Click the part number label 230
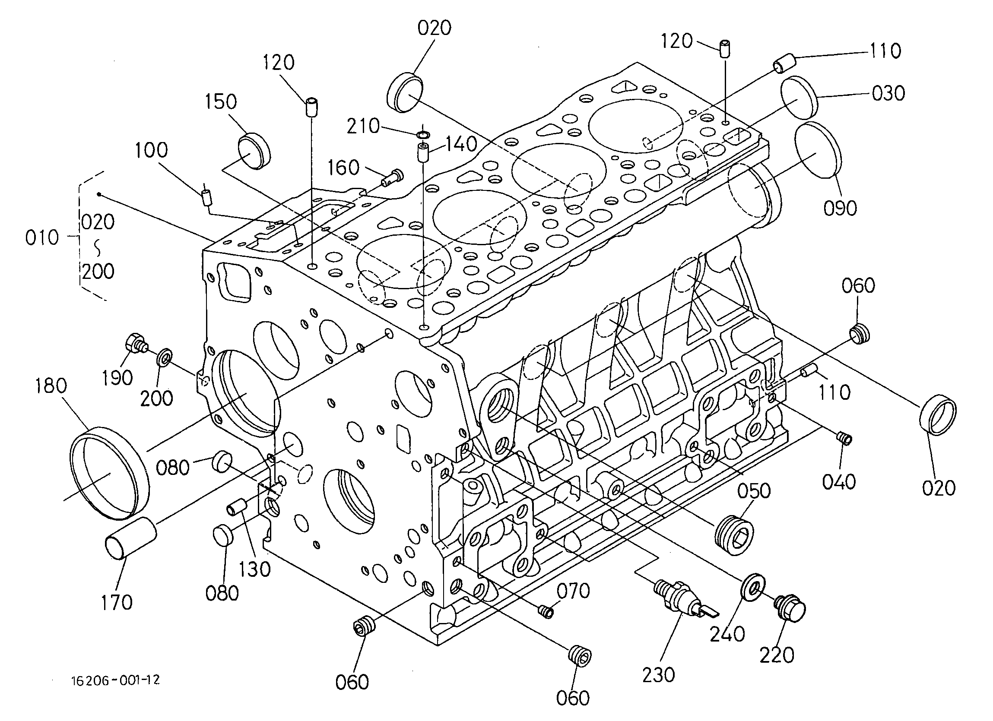(x=658, y=675)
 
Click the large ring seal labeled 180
(x=109, y=474)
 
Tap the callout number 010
(x=42, y=238)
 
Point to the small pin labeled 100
(x=206, y=197)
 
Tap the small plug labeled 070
(x=546, y=610)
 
